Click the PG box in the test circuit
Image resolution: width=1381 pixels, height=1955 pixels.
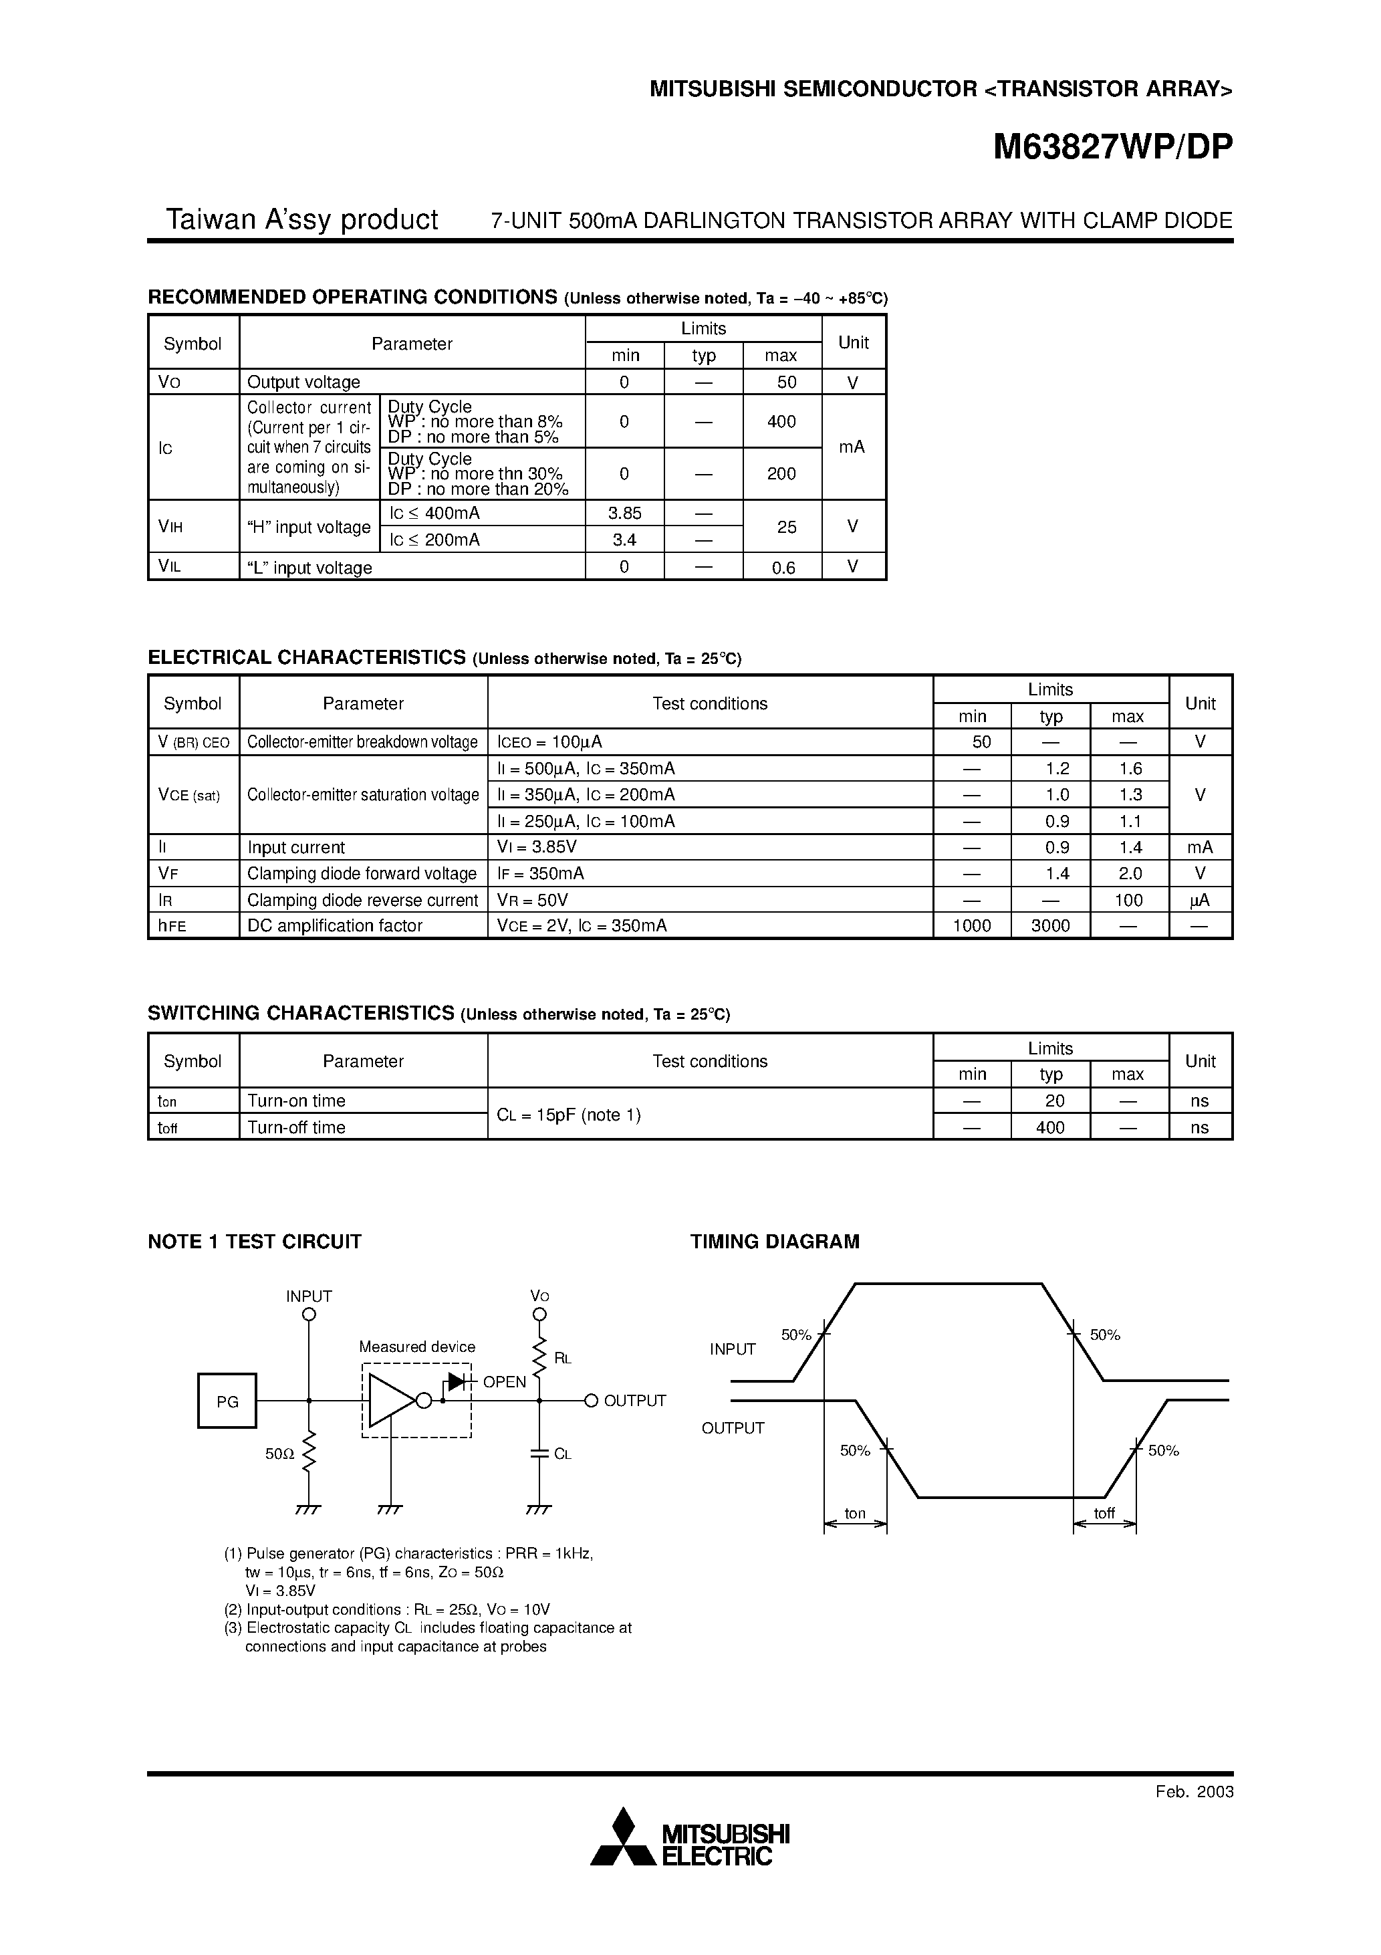click(227, 1401)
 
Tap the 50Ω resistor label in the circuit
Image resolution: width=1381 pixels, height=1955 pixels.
click(279, 1454)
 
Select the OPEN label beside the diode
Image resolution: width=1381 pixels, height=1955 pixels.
click(504, 1382)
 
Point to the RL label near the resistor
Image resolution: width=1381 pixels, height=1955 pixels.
click(563, 1358)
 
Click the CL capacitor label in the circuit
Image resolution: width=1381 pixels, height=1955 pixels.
click(562, 1454)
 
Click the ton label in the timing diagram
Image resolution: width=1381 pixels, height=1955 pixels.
click(855, 1513)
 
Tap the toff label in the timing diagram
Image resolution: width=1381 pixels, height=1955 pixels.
click(1104, 1513)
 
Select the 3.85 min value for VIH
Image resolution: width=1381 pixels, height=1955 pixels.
click(624, 513)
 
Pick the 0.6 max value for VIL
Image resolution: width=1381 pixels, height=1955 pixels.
click(783, 568)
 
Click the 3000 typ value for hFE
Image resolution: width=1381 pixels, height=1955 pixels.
click(1050, 925)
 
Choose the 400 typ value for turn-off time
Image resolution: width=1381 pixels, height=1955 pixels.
click(1050, 1127)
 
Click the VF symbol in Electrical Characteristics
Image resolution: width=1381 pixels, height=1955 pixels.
click(168, 874)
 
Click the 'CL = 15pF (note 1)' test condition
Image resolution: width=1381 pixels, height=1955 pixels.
click(569, 1115)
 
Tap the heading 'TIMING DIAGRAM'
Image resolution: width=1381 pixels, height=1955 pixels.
click(774, 1242)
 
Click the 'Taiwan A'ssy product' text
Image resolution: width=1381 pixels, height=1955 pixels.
click(301, 220)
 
